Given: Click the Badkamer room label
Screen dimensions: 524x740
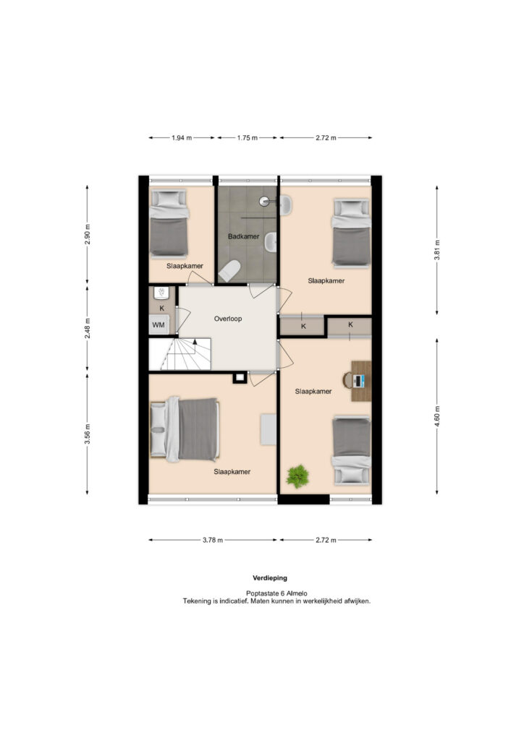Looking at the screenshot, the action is [243, 236].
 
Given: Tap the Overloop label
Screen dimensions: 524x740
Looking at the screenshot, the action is [228, 319].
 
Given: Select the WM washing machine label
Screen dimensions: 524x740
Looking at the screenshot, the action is [159, 324].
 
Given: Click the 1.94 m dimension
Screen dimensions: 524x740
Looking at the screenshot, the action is [182, 138].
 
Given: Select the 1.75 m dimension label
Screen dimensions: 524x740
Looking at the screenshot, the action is [247, 138].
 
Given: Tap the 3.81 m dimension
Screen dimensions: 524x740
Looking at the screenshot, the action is [437, 250].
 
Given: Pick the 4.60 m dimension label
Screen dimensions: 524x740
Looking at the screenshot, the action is [437, 416].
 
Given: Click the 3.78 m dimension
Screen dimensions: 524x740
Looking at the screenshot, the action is [213, 540].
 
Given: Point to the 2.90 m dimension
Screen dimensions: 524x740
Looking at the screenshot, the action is [88, 235].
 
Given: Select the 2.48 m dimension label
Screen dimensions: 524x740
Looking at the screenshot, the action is [88, 329].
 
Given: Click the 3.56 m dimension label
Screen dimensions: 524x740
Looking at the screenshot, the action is [88, 434].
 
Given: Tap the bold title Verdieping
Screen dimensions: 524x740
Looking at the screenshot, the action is [270, 577].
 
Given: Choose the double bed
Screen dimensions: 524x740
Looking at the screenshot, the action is [185, 429].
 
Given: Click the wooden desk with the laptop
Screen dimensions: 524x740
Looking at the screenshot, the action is [361, 381].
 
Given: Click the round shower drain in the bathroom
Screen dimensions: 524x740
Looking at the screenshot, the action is [264, 201].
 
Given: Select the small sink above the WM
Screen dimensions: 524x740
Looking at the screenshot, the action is [161, 293].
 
